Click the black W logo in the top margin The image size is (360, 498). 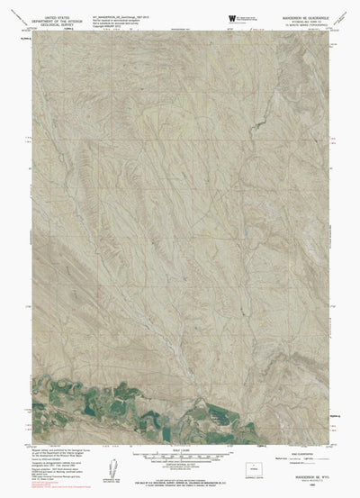pyautogui.click(x=233, y=18)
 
